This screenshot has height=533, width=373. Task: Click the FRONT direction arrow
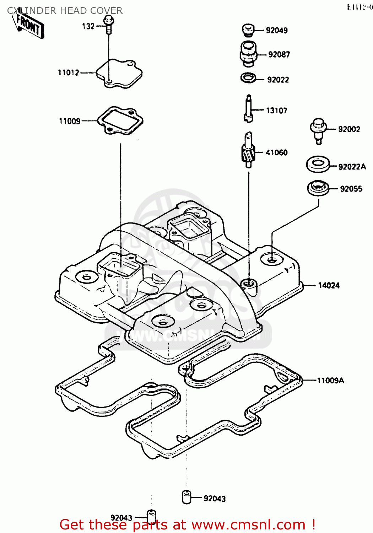click(29, 26)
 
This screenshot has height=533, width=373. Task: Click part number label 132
click(88, 26)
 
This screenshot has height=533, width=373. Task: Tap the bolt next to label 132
click(108, 25)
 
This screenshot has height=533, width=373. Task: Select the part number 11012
click(69, 72)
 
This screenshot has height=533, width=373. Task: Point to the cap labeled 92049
click(248, 30)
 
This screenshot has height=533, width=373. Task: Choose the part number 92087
click(279, 54)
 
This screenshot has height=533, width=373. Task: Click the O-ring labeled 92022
click(248, 78)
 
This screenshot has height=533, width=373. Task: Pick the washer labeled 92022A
click(318, 165)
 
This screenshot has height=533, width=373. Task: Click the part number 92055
click(351, 189)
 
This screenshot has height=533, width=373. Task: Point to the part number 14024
click(329, 285)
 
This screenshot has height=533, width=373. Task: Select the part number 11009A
click(330, 381)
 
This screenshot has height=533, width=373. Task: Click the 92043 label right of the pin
click(215, 499)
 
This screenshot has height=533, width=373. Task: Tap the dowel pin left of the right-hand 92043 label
click(186, 497)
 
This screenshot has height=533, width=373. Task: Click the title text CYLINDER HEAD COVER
click(65, 11)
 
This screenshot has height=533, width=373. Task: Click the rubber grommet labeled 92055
click(318, 188)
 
